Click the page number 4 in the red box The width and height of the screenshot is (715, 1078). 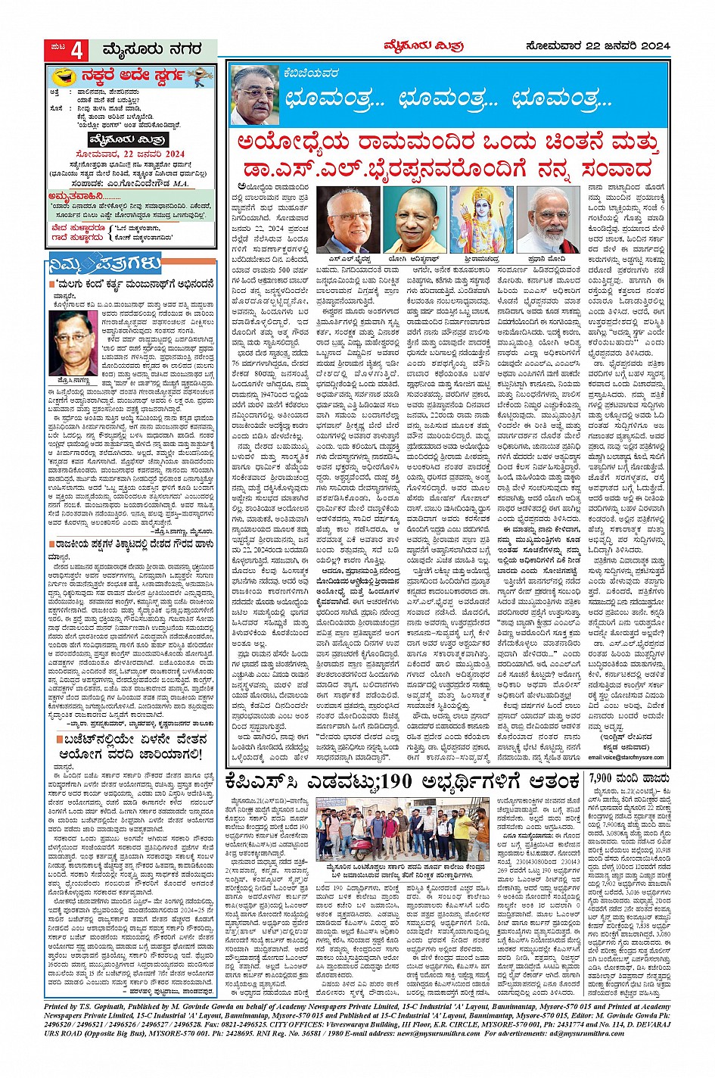[x=79, y=50]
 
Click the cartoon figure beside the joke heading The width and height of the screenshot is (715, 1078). [x=198, y=76]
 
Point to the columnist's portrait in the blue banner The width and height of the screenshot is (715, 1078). [x=255, y=95]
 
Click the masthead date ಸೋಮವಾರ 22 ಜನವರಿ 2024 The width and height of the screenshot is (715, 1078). [x=598, y=46]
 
